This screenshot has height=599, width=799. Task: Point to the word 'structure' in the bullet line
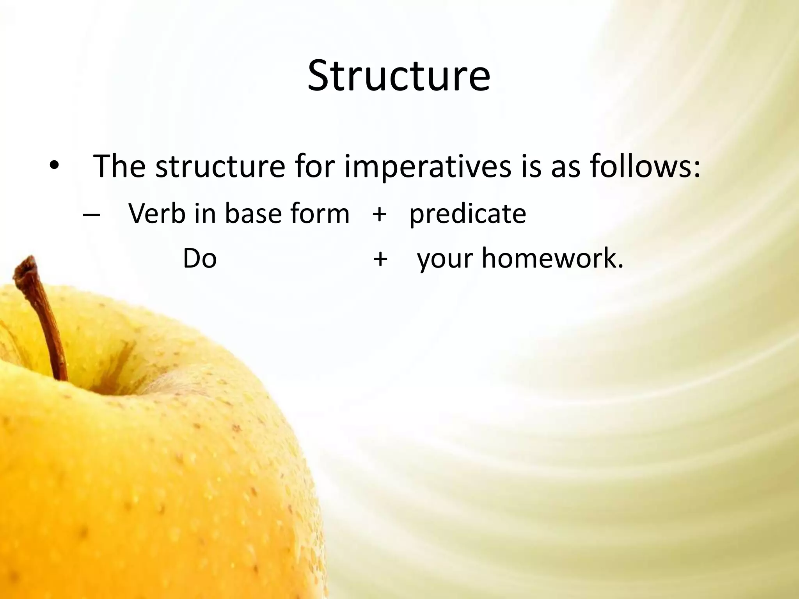(220, 167)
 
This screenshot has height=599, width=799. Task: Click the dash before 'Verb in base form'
(92, 215)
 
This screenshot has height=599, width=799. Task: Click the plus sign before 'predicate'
(379, 214)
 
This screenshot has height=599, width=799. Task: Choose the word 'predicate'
(467, 214)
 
